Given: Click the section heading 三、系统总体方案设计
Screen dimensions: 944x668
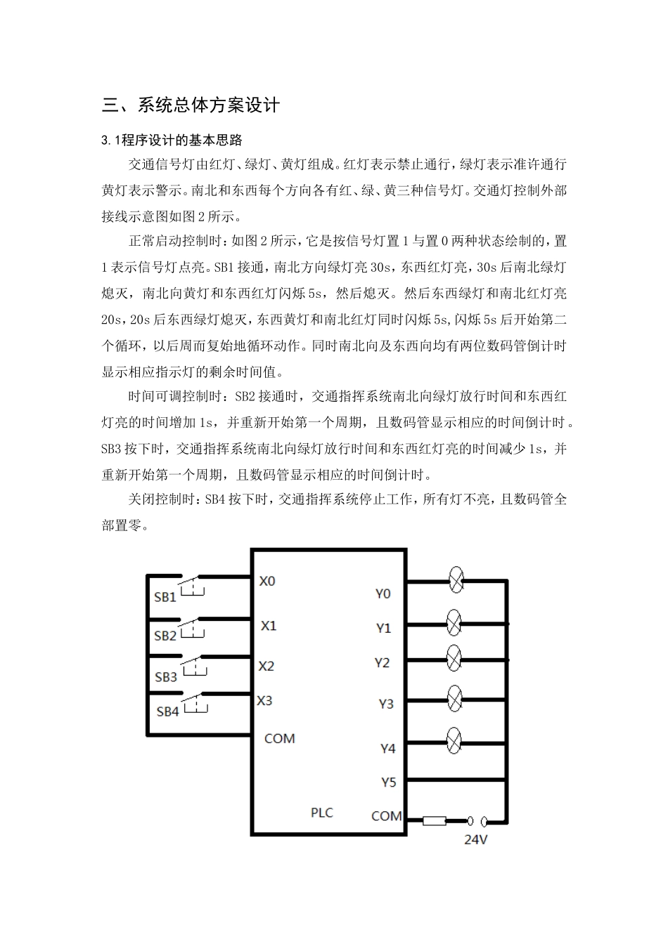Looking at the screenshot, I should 191,105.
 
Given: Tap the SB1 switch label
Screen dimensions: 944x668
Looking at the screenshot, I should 165,598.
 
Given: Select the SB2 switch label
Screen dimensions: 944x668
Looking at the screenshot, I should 165,636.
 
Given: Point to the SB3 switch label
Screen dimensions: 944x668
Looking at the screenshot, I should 166,678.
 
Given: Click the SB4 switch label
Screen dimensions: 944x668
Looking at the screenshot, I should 167,712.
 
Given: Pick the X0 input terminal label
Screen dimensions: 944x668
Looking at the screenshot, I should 267,582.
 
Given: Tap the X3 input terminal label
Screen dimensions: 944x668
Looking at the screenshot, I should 264,700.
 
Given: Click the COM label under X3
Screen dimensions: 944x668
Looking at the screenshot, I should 279,738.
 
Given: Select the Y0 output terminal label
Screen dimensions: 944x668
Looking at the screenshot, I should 383,594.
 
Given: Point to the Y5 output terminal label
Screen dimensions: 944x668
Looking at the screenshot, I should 388,782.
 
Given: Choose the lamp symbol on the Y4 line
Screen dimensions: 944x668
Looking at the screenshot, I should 454,741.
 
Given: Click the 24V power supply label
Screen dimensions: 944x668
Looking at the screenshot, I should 476,839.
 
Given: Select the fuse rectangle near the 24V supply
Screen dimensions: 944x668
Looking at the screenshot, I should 434,820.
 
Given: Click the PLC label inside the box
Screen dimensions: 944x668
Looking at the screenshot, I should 322,813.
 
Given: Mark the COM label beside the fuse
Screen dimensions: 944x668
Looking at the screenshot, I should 387,816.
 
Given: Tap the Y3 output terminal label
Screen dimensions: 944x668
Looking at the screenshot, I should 386,704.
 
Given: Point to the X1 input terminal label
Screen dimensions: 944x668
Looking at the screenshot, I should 269,625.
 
